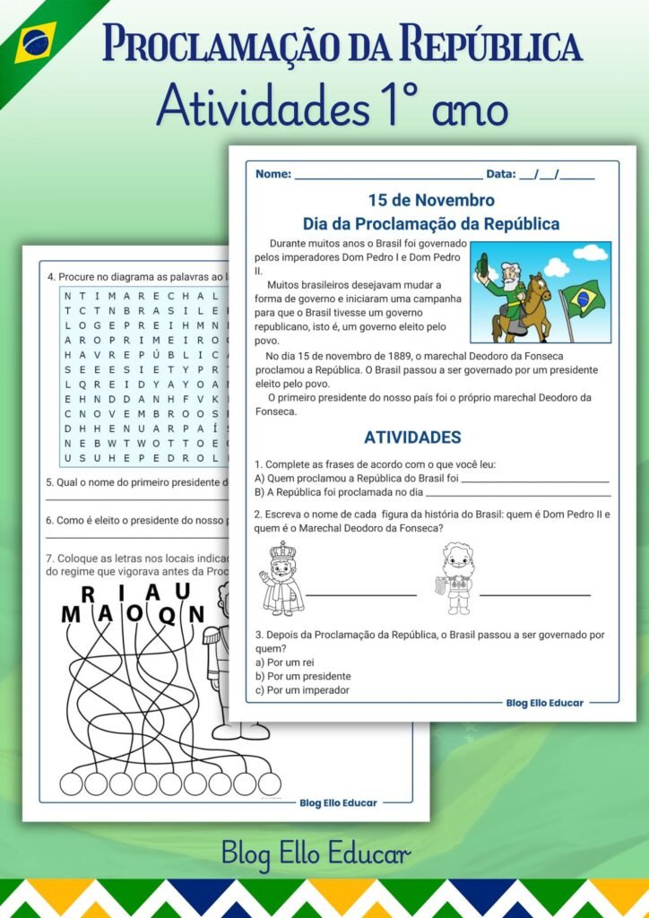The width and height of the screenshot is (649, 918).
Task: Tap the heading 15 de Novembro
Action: pyautogui.click(x=431, y=200)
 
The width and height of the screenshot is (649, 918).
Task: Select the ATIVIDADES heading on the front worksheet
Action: pyautogui.click(x=412, y=437)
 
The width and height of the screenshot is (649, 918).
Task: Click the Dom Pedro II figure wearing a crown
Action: pyautogui.click(x=281, y=579)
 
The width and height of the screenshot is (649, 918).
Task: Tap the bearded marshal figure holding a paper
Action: pyautogui.click(x=456, y=578)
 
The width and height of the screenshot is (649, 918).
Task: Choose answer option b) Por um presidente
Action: pyautogui.click(x=303, y=676)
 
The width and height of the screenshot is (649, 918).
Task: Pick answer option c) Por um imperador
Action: pyautogui.click(x=302, y=690)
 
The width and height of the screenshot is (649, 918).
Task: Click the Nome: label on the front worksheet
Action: pyautogui.click(x=273, y=175)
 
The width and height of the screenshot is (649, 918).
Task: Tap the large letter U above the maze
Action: pyautogui.click(x=182, y=590)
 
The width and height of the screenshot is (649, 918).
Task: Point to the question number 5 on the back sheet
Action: pyautogui.click(x=50, y=482)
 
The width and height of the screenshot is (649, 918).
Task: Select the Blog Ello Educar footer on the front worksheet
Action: pyautogui.click(x=544, y=703)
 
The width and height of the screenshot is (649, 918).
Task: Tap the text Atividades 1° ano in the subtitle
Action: pyautogui.click(x=332, y=108)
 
